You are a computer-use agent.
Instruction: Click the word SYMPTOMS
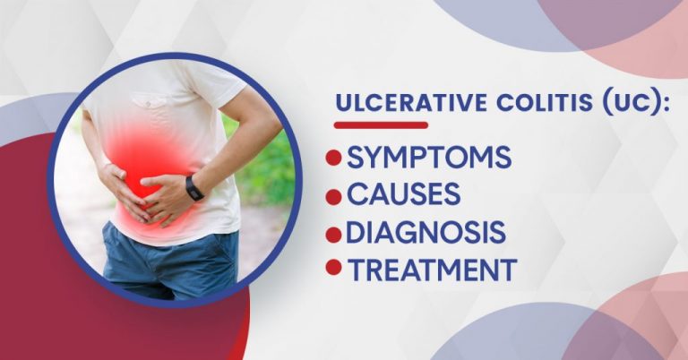429,158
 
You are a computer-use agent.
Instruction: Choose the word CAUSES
404,194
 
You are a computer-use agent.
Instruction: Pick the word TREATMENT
432,268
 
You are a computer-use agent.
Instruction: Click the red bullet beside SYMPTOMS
334,159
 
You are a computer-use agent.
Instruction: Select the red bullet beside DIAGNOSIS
334,233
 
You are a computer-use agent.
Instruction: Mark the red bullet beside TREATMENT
334,267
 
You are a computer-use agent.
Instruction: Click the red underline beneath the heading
381,124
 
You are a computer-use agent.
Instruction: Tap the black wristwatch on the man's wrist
194,187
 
